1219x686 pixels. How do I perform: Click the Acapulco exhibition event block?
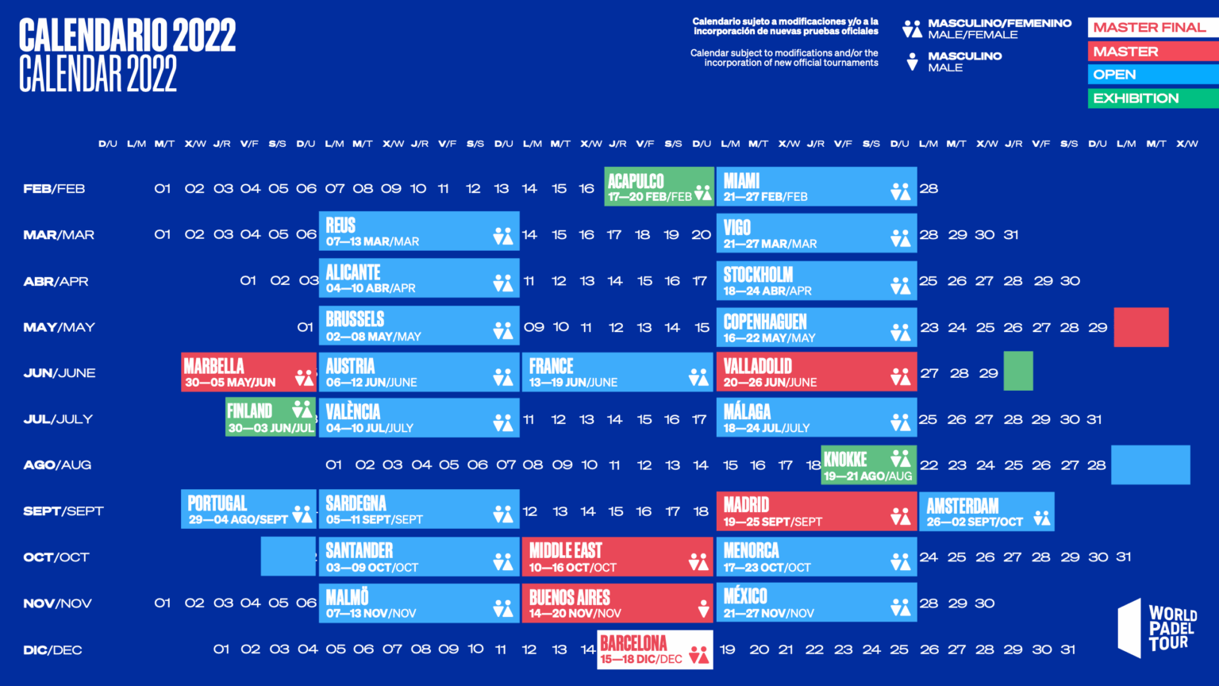(x=659, y=187)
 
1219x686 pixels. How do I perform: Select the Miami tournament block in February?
(x=816, y=187)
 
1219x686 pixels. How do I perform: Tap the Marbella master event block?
(x=248, y=372)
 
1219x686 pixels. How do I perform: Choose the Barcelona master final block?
(x=655, y=649)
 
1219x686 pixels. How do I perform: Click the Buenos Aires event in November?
(x=617, y=603)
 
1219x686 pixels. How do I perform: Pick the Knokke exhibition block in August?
(x=869, y=465)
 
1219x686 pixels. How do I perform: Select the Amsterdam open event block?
(x=986, y=511)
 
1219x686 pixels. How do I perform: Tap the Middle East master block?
(x=617, y=557)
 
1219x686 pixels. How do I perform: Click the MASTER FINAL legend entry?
(x=1152, y=27)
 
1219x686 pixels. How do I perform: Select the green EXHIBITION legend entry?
(x=1152, y=98)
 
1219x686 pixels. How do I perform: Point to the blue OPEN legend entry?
(x=1152, y=75)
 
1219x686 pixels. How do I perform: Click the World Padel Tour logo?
(x=1157, y=628)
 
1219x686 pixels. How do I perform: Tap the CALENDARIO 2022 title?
(x=127, y=36)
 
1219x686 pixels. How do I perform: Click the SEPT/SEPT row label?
(x=63, y=511)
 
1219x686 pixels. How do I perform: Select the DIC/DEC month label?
(x=52, y=650)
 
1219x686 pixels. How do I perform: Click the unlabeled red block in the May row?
(x=1140, y=327)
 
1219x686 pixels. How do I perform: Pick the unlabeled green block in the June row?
(x=1018, y=371)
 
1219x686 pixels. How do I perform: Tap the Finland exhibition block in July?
(x=271, y=418)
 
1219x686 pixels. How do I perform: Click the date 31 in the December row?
(x=1068, y=649)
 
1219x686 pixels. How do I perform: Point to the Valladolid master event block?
(x=816, y=372)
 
